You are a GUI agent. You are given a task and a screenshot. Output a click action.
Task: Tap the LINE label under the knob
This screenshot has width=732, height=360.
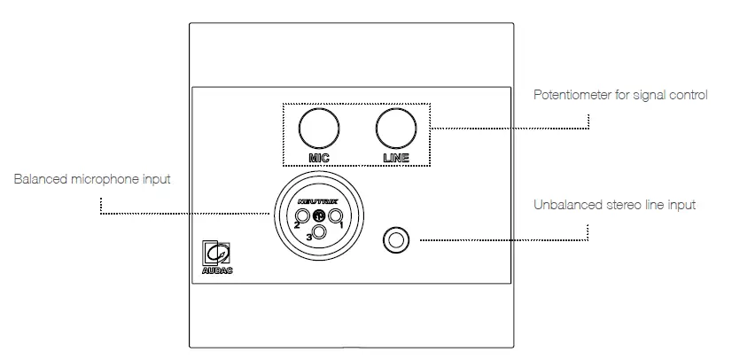tap(395, 158)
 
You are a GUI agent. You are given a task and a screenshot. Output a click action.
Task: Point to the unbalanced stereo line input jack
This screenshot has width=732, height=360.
tap(396, 239)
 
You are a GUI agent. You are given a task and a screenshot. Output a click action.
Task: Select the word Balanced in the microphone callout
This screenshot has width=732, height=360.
tap(37, 179)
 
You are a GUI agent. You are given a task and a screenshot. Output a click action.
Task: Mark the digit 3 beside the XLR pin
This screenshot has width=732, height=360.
tap(308, 238)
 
